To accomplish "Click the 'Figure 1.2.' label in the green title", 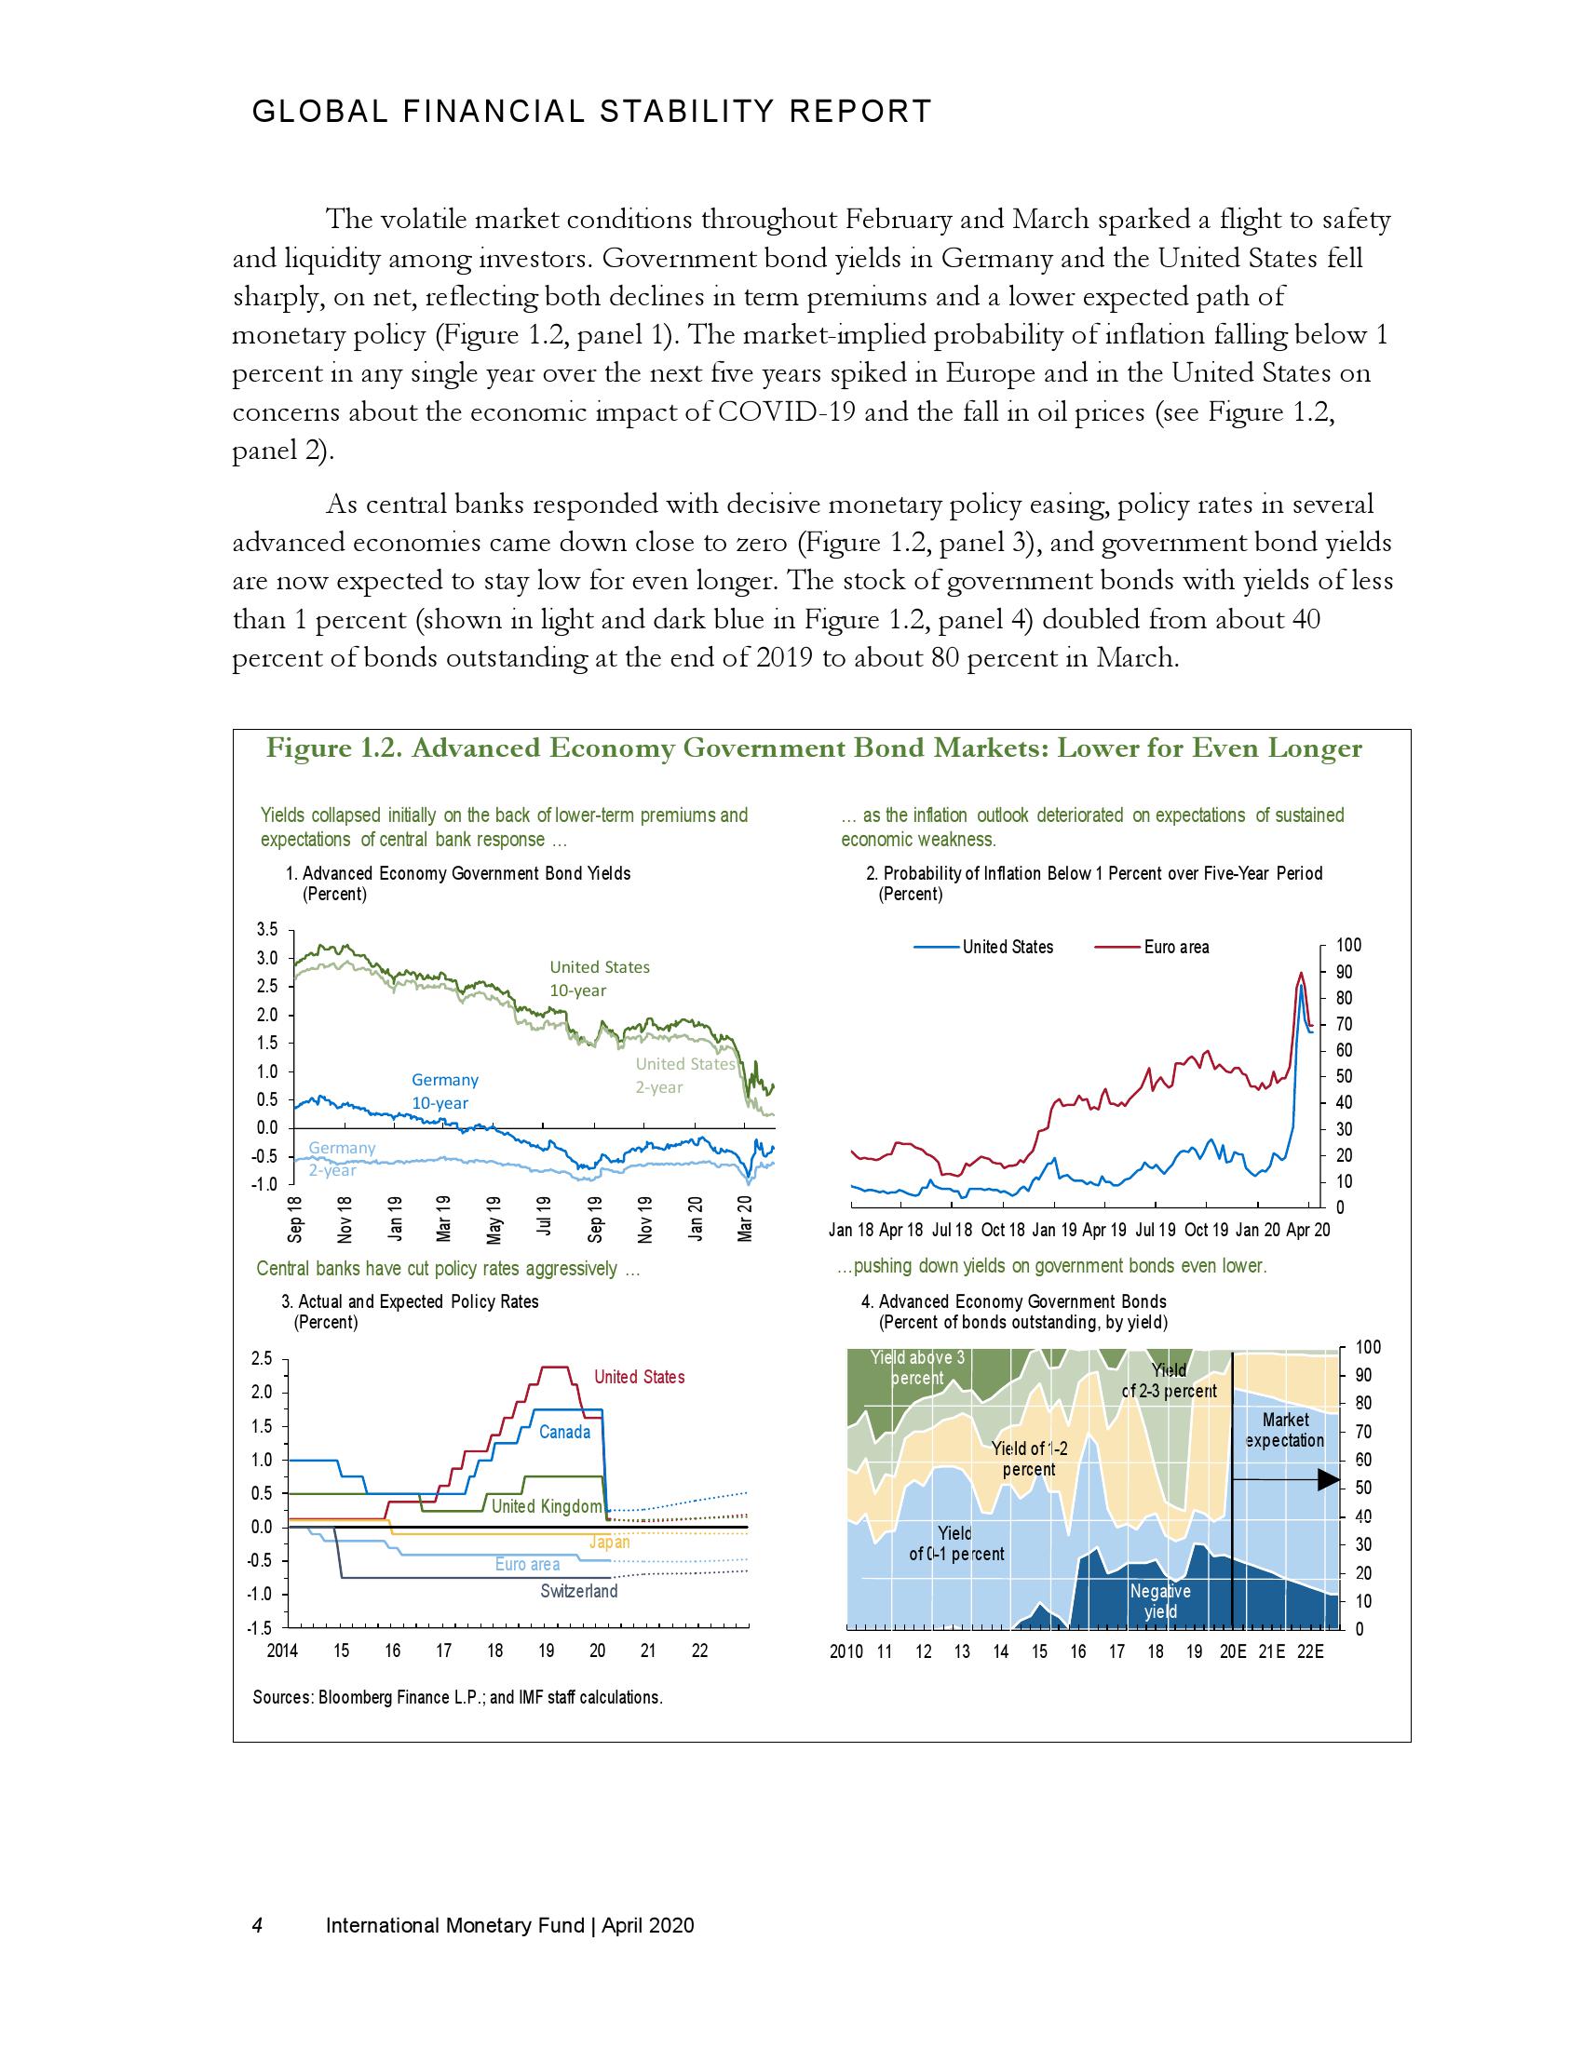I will tap(334, 748).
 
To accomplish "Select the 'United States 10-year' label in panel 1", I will tap(600, 979).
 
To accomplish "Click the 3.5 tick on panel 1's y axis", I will tap(267, 930).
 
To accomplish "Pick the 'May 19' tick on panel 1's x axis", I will tap(494, 1220).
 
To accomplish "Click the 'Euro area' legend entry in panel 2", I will tap(1175, 947).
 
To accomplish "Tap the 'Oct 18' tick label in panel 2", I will tap(1003, 1231).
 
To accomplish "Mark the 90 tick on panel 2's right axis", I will tap(1341, 973).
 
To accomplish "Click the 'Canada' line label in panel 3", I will tap(564, 1432).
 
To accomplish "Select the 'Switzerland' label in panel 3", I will tap(578, 1591).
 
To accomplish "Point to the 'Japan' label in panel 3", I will tap(609, 1542).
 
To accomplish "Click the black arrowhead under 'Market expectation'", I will tap(1329, 1480).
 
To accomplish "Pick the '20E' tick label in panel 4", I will tap(1232, 1652).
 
